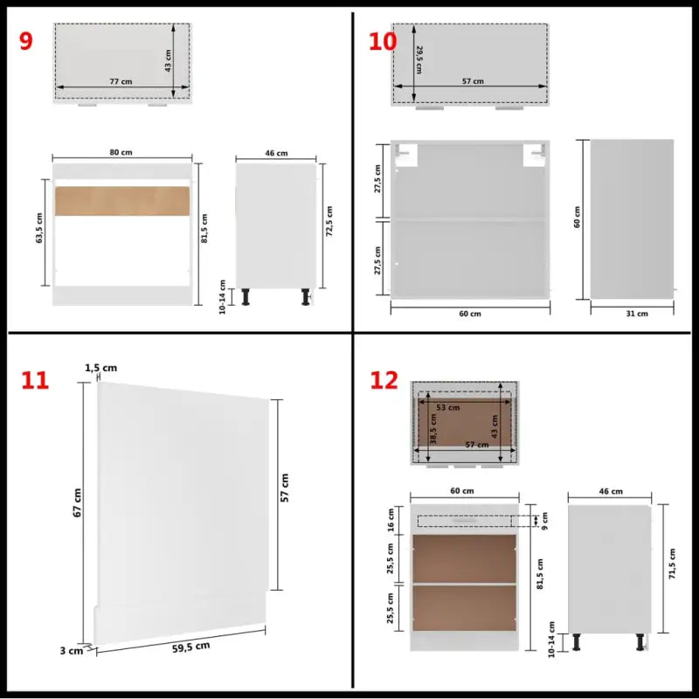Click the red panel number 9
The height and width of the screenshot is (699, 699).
click(x=25, y=40)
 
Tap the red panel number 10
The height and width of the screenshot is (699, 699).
click(x=382, y=40)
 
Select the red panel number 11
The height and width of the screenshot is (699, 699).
click(x=35, y=380)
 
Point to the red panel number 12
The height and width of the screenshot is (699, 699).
click(x=384, y=380)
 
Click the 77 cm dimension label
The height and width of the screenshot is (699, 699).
click(x=121, y=81)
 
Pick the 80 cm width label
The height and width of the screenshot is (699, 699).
click(x=121, y=153)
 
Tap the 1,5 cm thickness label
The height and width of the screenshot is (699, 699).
click(x=101, y=368)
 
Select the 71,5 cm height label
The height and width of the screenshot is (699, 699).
click(x=671, y=564)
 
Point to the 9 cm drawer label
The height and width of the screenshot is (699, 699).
click(x=543, y=521)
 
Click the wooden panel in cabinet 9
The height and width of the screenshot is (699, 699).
click(x=122, y=200)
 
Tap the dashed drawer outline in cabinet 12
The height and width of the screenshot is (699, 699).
click(x=472, y=522)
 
